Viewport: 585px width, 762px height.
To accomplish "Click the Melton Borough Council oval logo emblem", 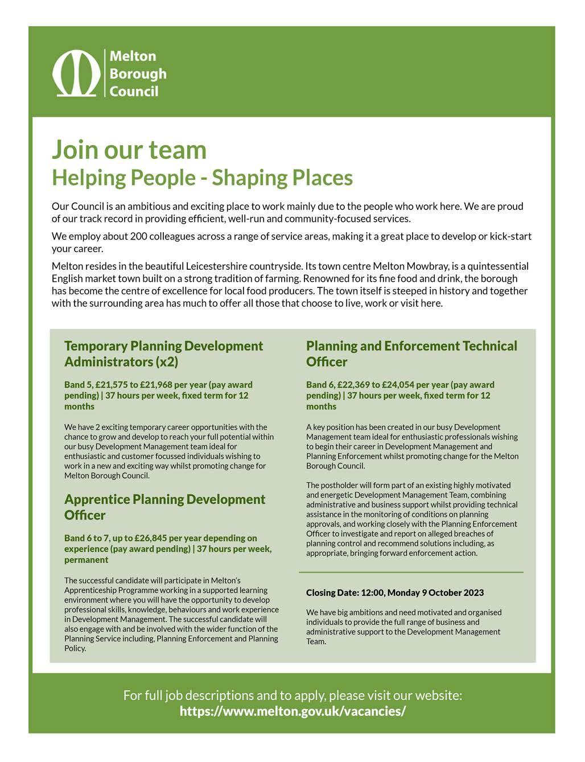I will pos(76,73).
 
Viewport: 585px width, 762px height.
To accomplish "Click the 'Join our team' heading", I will pos(129,149).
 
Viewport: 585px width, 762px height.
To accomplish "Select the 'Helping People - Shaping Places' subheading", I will pos(202,178).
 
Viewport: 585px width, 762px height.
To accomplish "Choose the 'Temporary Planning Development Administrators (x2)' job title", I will pos(164,353).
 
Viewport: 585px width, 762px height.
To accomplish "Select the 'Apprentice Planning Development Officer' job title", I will pos(164,506).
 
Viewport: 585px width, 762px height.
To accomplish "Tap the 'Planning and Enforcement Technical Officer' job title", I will pos(411,353).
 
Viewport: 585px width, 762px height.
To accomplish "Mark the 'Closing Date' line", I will pos(395,592).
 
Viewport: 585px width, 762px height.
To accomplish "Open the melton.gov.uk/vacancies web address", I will pos(292,711).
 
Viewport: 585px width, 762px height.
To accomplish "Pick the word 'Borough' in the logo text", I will pos(138,73).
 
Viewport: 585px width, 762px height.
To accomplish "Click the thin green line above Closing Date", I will pos(411,571).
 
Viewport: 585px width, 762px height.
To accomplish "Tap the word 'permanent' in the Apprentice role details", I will pos(86,560).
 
